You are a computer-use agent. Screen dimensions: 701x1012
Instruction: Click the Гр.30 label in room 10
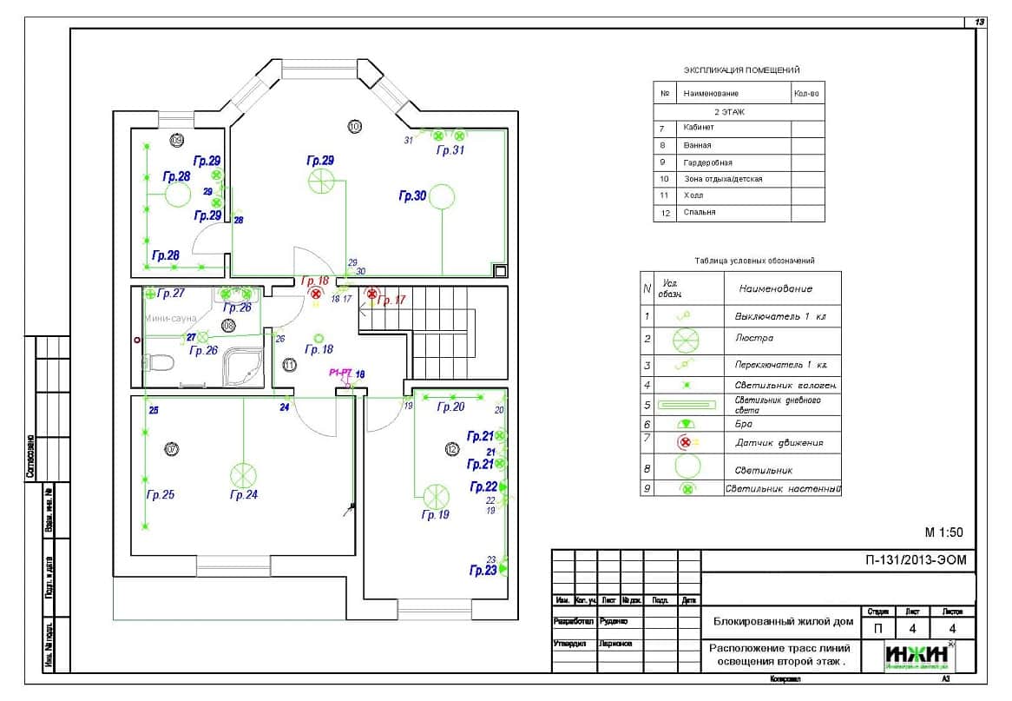[412, 196]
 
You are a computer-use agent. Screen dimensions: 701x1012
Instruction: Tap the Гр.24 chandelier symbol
[244, 475]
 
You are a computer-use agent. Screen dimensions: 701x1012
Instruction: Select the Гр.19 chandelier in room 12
[436, 497]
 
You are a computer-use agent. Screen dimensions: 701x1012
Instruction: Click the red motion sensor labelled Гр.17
[372, 295]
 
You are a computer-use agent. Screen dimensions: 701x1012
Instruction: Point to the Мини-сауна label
[172, 318]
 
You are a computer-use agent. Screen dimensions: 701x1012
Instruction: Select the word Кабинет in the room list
[699, 129]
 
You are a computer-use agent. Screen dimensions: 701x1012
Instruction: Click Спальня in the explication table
[699, 212]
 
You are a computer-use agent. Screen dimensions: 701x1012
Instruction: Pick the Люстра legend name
[753, 338]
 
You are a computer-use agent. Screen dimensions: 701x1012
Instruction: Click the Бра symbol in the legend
[686, 423]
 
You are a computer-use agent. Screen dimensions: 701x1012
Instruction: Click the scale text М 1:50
[943, 532]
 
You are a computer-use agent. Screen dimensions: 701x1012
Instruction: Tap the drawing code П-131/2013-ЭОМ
[916, 560]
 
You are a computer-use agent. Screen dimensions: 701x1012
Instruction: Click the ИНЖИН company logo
[918, 654]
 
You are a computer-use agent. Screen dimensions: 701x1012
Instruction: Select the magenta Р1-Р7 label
[339, 373]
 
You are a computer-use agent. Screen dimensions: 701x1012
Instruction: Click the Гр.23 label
[483, 571]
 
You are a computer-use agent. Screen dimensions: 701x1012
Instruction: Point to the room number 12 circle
[451, 449]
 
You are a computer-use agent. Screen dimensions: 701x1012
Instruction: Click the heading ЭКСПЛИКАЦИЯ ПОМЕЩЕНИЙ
[741, 69]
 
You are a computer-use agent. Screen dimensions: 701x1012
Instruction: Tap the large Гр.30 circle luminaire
[441, 196]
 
